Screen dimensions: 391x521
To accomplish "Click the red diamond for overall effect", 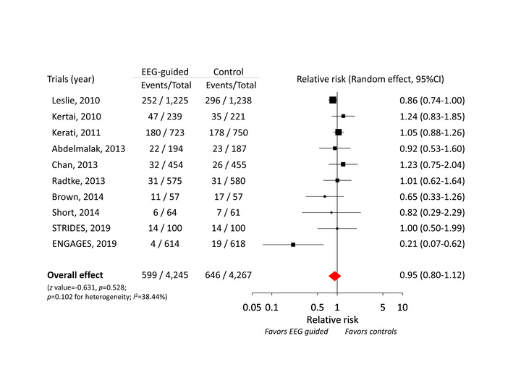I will [334, 275].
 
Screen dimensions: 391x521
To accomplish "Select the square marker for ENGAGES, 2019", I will [293, 245].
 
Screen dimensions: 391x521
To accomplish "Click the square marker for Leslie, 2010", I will [333, 100].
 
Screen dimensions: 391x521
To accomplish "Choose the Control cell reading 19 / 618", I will [228, 245].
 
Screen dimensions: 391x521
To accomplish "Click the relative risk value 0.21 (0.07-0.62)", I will [432, 245].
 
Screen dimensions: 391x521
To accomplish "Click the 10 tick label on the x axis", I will [403, 307].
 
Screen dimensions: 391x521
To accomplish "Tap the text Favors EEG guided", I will [297, 332].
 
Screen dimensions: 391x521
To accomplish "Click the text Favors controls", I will [370, 332].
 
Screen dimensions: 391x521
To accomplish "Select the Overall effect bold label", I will [75, 275].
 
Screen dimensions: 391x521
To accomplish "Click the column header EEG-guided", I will [161, 71].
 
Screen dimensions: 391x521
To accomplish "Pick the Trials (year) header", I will [71, 78].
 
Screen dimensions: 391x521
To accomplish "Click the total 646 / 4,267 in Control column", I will [228, 275].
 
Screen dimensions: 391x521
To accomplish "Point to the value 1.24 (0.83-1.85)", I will [432, 116].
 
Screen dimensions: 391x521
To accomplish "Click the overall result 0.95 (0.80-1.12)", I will [432, 275].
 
